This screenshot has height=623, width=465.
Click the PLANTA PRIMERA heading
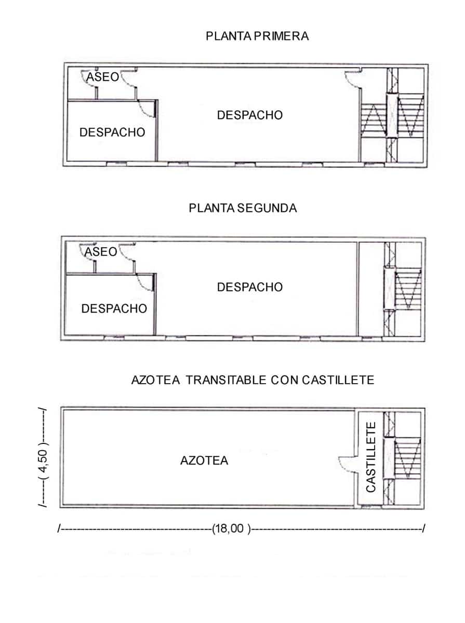point(257,36)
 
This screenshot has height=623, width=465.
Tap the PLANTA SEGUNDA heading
point(243,208)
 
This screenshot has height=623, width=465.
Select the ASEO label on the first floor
point(102,77)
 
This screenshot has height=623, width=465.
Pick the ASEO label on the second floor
point(101,252)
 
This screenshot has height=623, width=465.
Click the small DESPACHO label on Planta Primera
point(112,132)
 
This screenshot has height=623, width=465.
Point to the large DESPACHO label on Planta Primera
point(250,115)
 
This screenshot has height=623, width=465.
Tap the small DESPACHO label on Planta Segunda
point(114,309)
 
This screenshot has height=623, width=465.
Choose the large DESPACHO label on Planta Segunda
point(250,287)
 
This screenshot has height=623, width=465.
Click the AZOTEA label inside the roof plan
point(204,461)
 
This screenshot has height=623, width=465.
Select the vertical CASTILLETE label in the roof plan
point(371,457)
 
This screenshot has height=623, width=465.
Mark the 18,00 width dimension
point(232,530)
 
